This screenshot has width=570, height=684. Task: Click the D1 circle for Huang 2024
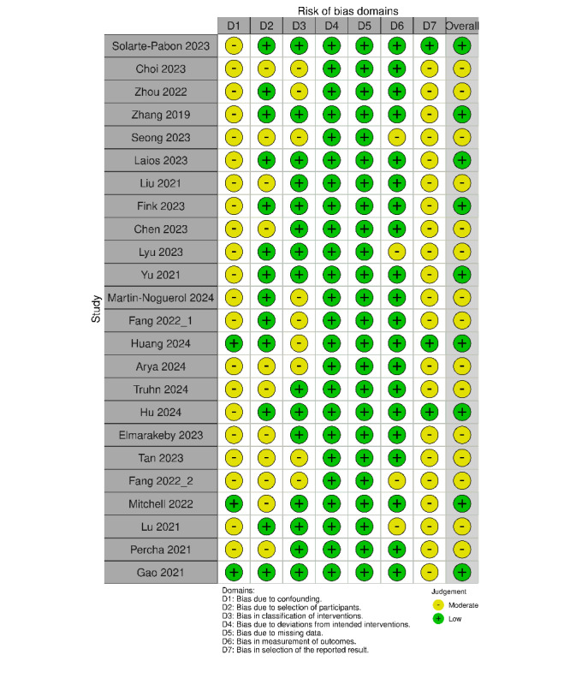(x=234, y=343)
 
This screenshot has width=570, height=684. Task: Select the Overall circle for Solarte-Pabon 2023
(x=463, y=46)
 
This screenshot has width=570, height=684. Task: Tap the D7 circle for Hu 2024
(x=430, y=412)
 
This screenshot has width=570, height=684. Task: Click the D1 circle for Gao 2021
(x=234, y=572)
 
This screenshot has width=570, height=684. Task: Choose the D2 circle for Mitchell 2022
(x=266, y=503)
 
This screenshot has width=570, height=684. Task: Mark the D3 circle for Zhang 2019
(x=299, y=115)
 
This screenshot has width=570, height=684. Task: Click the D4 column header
(x=332, y=27)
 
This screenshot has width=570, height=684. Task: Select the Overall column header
(x=463, y=27)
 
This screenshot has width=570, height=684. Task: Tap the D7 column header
(x=430, y=27)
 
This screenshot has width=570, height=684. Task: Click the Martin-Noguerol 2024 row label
(x=161, y=298)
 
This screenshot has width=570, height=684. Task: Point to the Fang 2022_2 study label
(x=161, y=480)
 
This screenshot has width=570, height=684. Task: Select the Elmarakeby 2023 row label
(x=161, y=435)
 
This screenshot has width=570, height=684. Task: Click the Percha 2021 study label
(x=161, y=549)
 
